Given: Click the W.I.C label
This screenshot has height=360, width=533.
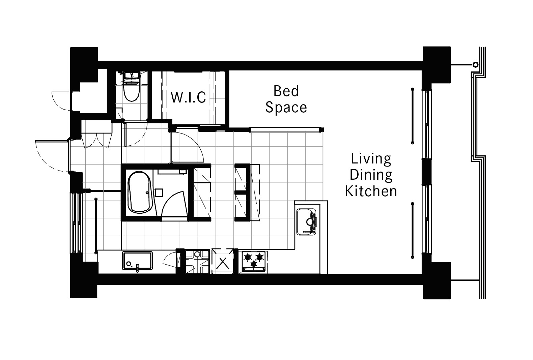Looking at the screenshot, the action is (x=188, y=97).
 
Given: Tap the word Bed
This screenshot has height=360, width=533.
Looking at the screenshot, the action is (x=286, y=91).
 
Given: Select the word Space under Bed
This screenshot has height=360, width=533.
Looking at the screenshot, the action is (x=286, y=108).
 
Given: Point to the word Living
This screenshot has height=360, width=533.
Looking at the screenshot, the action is (x=371, y=159).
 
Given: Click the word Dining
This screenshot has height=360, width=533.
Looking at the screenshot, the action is (x=371, y=175).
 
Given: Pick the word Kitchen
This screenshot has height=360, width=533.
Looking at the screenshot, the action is (x=371, y=191).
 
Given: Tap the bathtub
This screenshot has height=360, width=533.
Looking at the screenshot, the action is (x=139, y=192).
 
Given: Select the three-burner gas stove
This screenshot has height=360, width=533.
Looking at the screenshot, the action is (x=253, y=261).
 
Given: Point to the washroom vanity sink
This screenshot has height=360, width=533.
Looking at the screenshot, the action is (x=137, y=261).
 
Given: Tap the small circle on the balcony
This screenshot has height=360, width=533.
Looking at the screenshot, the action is (x=475, y=64).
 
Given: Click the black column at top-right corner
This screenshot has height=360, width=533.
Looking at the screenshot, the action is (x=437, y=65).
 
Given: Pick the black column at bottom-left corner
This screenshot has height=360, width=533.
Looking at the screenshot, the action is (x=84, y=280).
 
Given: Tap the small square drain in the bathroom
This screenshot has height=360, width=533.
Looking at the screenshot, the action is (x=159, y=192).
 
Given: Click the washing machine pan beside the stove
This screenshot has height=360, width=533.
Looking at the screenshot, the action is (x=197, y=262).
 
